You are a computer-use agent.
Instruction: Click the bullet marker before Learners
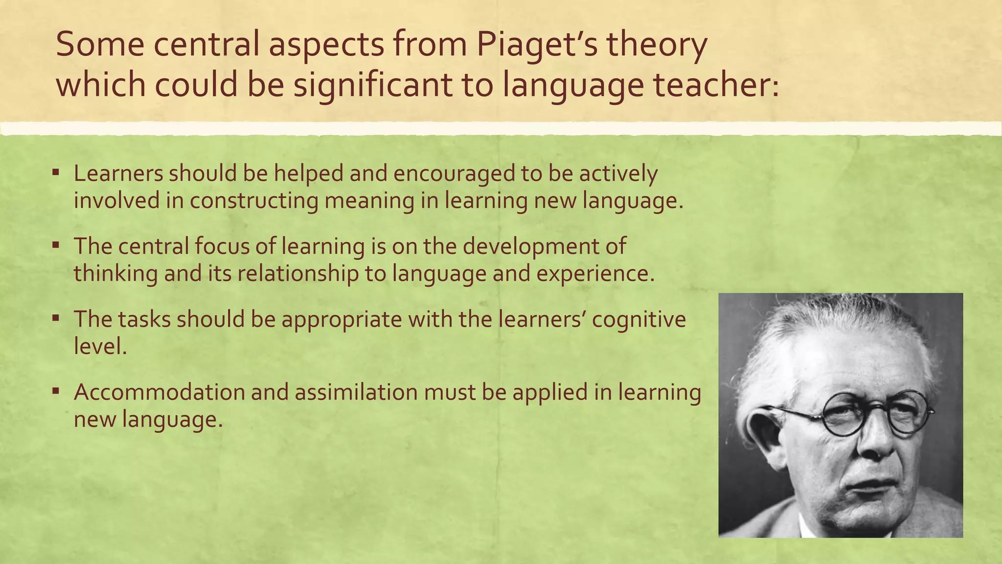coord(56,172)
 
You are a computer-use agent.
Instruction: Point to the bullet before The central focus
coord(56,244)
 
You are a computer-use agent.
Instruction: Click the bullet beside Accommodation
coord(56,391)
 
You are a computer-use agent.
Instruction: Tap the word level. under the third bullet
coord(100,347)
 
